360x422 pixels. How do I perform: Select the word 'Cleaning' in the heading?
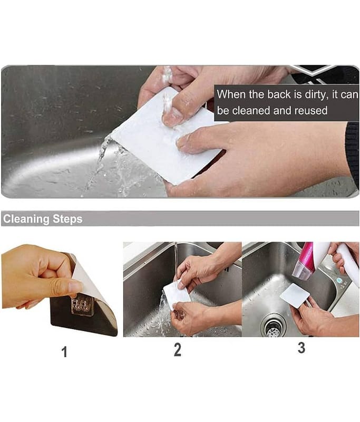coord(26,219)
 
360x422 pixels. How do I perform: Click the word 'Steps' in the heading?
coord(67,219)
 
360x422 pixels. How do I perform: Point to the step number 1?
coord(64,352)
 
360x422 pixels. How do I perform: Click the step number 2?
coord(178,350)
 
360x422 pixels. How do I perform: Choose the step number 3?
coord(301,348)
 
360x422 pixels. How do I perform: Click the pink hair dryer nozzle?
coord(304,262)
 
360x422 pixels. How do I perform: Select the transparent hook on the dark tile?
coord(82,305)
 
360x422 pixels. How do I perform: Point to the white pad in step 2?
coord(177,294)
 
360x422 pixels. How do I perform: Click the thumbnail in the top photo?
coord(171,116)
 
